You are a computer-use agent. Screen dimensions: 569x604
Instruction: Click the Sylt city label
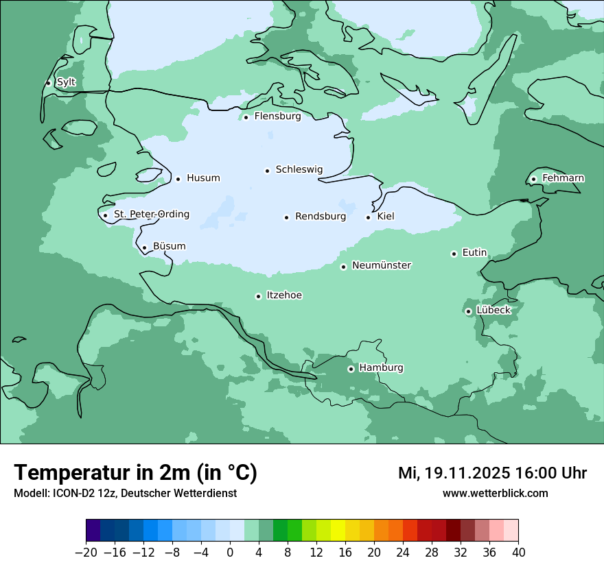tap(66, 82)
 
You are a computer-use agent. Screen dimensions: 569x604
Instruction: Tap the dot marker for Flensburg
tap(246, 117)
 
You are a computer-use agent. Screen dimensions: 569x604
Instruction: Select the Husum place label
tap(203, 178)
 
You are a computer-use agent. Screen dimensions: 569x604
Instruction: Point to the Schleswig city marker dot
tap(267, 171)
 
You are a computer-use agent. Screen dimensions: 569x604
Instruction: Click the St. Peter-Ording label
tap(151, 215)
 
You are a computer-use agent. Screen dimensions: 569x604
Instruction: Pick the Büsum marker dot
tap(144, 248)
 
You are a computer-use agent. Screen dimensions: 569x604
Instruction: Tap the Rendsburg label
tap(321, 217)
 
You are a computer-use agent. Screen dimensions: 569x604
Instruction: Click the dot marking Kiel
tap(368, 218)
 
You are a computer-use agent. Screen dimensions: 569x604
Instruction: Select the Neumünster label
tap(382, 265)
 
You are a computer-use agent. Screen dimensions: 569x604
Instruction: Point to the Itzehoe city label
tap(284, 295)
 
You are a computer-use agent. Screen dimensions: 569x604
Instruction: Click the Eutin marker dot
tap(454, 254)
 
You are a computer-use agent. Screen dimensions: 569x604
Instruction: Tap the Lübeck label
tap(493, 311)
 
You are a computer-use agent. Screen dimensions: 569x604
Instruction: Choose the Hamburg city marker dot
tap(351, 369)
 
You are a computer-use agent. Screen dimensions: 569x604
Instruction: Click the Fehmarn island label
tap(563, 178)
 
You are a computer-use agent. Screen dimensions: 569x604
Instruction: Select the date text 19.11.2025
tap(467, 473)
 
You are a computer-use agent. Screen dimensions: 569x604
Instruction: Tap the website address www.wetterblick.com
tap(495, 494)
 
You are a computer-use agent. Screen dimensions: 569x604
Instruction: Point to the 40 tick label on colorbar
tap(518, 553)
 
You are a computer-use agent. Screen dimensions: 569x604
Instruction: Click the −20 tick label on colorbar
tap(86, 553)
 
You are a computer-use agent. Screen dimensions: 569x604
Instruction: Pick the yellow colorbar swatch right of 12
tap(324, 531)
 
